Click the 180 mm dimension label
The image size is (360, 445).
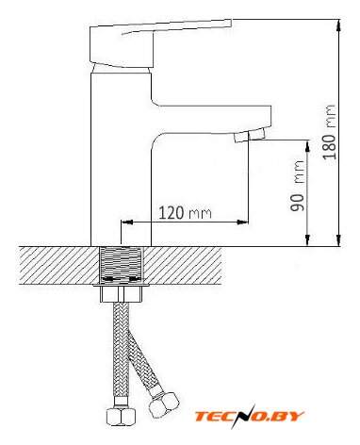click(x=330, y=132)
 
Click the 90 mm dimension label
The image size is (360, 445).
click(x=297, y=186)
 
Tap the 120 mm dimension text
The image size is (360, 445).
click(x=185, y=213)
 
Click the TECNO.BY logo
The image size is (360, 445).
click(x=250, y=417)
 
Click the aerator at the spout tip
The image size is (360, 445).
click(x=250, y=135)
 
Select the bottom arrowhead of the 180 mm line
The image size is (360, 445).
click(x=338, y=240)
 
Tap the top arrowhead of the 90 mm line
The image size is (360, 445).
click(x=307, y=146)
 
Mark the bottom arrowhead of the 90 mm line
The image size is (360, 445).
click(x=307, y=240)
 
